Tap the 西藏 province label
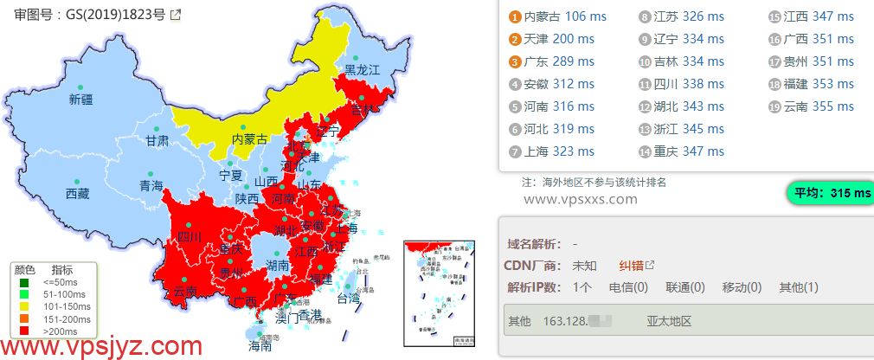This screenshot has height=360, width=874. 77,194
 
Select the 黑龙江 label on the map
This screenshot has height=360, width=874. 363,70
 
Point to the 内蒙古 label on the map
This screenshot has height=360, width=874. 249,139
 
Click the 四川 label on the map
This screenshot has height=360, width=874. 189,237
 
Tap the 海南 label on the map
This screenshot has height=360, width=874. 260,346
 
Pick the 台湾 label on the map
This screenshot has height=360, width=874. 347,299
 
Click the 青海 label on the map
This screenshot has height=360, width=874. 151,186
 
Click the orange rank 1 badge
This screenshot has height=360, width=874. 515,16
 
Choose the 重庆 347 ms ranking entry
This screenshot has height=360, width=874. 688,151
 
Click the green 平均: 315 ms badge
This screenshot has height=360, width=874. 828,193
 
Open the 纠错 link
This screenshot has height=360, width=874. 631,266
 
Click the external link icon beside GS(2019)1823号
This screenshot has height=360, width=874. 176,15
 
